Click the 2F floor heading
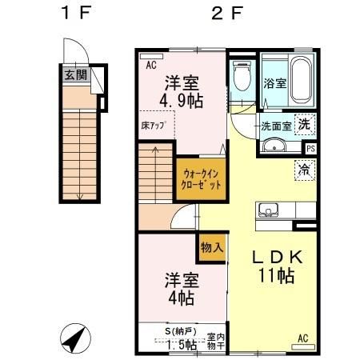226,14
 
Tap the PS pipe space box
310,148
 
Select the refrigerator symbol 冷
304,169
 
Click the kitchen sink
267,211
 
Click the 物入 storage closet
211,248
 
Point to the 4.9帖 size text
182,102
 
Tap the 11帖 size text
276,278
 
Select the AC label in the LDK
304,338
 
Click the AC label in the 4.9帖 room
150,66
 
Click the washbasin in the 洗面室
273,146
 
